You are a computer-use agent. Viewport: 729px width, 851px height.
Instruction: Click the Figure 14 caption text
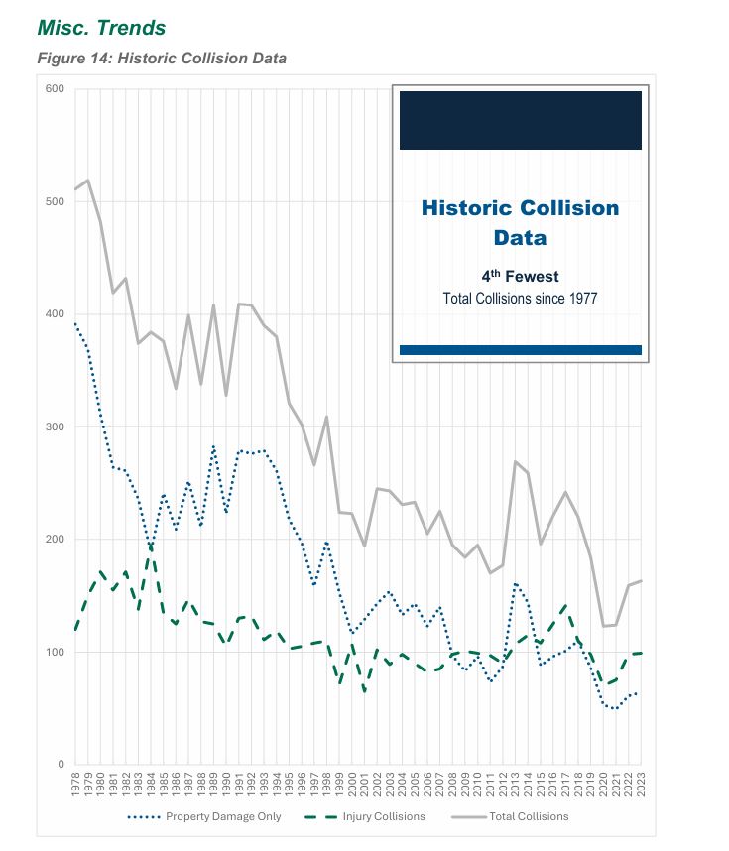pos(162,58)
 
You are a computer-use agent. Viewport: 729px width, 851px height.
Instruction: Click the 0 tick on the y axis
pos(61,765)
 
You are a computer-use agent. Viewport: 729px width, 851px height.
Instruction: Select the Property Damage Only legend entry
pos(206,817)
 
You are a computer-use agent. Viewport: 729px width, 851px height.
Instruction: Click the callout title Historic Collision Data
pos(520,223)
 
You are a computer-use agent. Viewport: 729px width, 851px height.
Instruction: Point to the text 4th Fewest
pos(520,277)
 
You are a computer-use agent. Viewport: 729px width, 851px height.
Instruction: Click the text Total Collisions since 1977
pos(520,298)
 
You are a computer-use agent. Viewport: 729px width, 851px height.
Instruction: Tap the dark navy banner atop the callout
pos(520,120)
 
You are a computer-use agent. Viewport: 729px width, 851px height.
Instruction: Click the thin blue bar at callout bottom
pos(520,350)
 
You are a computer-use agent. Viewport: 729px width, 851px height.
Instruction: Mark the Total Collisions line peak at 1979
pos(88,181)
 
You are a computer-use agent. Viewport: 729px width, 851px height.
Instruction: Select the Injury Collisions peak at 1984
pos(150,548)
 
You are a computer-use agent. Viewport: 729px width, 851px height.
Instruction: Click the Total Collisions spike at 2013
pos(516,461)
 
